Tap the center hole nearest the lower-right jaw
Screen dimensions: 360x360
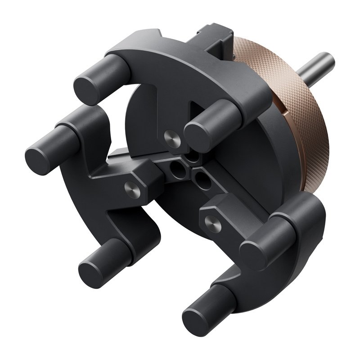200,180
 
